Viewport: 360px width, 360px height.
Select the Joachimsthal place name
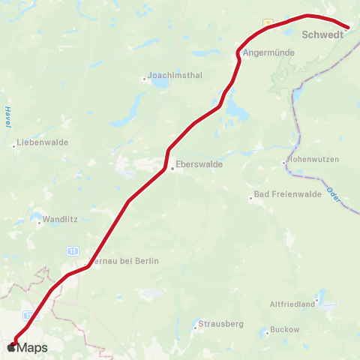[x=172, y=76]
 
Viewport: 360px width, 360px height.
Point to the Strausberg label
[x=221, y=324]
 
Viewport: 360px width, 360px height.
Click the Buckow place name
[x=286, y=329]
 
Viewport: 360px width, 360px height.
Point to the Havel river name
[x=7, y=117]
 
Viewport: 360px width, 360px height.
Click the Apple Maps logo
[x=27, y=347]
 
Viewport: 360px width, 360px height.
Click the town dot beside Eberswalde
[x=172, y=169]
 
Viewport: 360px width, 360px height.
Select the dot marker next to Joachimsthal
[x=144, y=79]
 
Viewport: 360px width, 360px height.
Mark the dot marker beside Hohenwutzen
[x=283, y=163]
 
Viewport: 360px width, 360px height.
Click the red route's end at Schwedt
[x=348, y=28]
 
